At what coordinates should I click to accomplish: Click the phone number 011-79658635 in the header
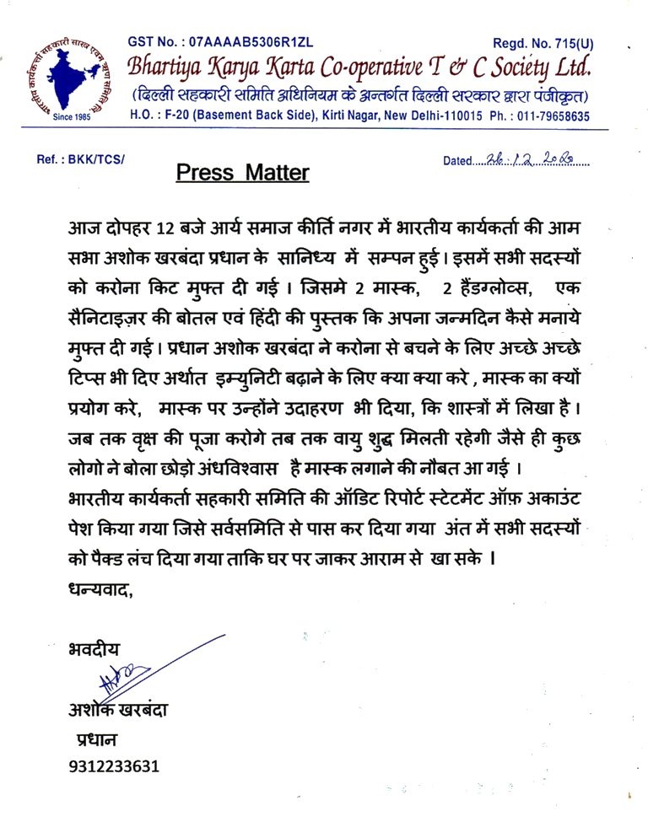(552, 116)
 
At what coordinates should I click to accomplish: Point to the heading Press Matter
(242, 173)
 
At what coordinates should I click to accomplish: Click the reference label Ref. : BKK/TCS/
(80, 159)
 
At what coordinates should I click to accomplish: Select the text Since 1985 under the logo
(70, 117)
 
